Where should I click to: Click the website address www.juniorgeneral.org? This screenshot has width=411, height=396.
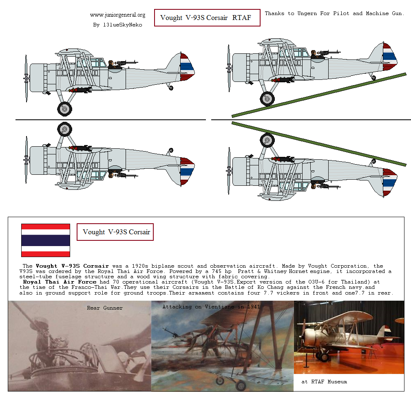click(x=117, y=15)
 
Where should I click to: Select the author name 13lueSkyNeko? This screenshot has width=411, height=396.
click(x=117, y=24)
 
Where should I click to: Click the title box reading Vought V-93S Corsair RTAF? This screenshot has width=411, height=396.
click(x=207, y=18)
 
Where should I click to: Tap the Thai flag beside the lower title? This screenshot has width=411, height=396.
click(x=45, y=240)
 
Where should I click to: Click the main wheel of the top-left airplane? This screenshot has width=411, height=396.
click(x=64, y=108)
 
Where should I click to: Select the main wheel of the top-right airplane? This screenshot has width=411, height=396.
click(x=267, y=98)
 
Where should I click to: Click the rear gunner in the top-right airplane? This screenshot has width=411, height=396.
click(x=314, y=55)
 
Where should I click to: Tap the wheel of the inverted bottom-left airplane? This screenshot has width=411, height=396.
click(x=64, y=129)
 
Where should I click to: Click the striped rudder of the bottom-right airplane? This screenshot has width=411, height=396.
click(x=390, y=180)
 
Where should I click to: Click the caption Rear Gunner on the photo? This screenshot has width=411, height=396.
click(x=105, y=308)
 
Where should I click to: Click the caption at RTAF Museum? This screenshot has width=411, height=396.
click(x=324, y=382)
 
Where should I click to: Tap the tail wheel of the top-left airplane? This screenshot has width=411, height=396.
click(x=170, y=88)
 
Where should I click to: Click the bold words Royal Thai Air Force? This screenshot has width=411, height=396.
click(x=60, y=282)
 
